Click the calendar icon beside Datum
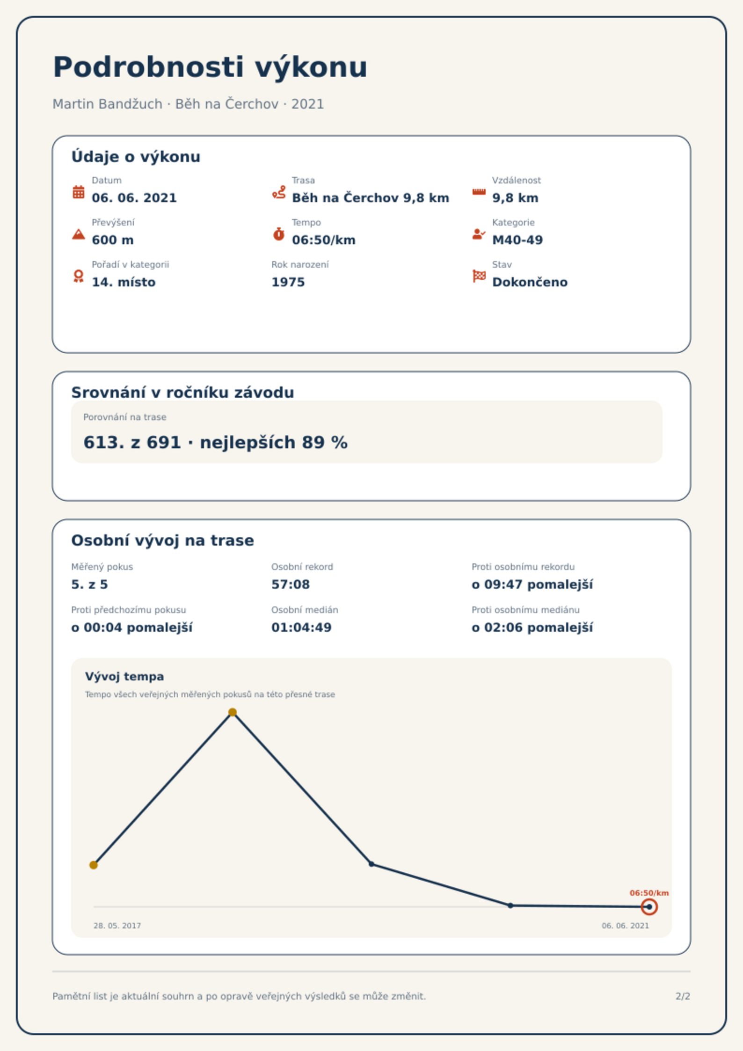(79, 192)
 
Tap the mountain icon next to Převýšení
(79, 234)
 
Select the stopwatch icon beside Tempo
(279, 234)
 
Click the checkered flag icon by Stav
(479, 276)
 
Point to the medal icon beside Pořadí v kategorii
(79, 276)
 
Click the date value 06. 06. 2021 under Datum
(134, 198)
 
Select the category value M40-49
(517, 240)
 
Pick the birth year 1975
(288, 282)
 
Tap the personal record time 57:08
(291, 584)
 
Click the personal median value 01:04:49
(301, 628)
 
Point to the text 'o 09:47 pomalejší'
(532, 584)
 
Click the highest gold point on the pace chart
(233, 712)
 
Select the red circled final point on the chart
(649, 907)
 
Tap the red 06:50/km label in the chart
(649, 893)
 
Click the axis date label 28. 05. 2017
(117, 926)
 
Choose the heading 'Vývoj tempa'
(124, 677)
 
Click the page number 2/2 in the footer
(683, 996)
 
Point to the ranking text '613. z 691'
(132, 442)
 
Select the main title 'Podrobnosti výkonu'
(210, 67)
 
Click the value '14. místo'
(124, 282)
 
